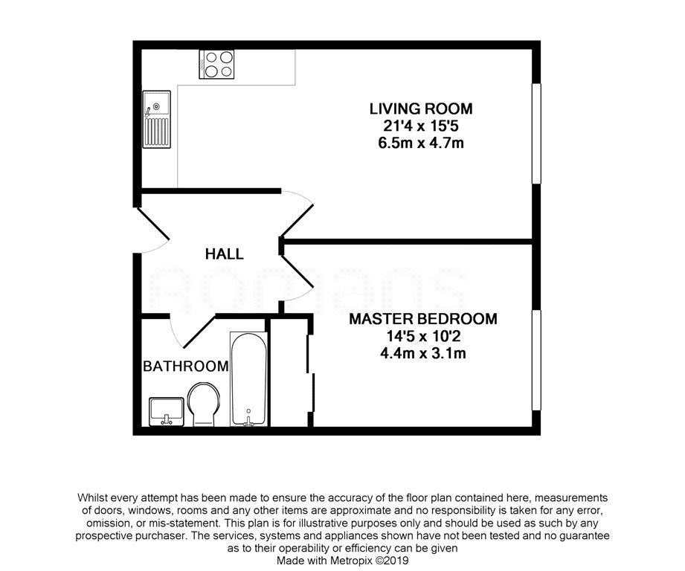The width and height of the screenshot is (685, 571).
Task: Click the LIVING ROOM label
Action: tap(421, 109)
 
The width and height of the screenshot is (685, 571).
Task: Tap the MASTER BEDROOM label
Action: tap(423, 319)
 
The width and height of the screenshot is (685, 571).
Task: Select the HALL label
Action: tap(224, 254)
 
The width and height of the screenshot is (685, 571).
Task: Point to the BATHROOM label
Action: tap(186, 366)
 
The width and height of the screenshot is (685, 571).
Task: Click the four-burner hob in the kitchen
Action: tap(216, 64)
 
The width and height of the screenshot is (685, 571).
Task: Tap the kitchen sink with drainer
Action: tap(156, 119)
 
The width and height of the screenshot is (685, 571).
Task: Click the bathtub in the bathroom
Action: tap(248, 378)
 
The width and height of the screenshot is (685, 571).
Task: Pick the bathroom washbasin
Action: tap(166, 412)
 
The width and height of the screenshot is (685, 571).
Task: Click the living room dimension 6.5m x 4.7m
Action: tap(421, 143)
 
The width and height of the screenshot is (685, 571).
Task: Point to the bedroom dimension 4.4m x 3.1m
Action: tap(423, 352)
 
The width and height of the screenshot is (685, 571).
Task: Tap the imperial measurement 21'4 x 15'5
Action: tap(421, 126)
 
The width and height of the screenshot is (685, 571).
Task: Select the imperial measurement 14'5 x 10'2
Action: tap(423, 336)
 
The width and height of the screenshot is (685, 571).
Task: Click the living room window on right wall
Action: tap(536, 134)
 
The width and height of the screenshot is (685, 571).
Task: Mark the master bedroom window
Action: tap(536, 360)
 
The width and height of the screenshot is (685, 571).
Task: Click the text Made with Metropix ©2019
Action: tap(342, 560)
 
